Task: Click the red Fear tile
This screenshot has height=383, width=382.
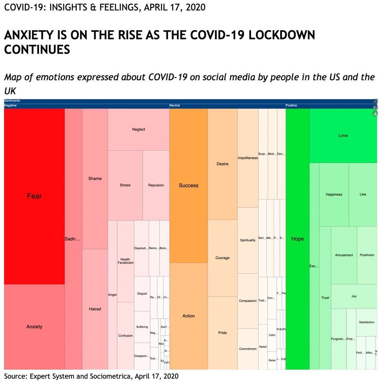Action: [34, 196]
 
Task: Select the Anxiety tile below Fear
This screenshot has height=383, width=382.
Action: [34, 327]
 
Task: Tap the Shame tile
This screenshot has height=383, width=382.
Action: [95, 179]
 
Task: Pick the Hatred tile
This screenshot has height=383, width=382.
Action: [95, 309]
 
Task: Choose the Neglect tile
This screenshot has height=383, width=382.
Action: [139, 130]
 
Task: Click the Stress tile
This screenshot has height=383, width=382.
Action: [125, 185]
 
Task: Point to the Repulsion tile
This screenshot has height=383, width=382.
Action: [156, 185]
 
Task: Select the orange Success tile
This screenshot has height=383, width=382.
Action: [188, 185]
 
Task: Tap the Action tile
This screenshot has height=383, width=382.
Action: [188, 316]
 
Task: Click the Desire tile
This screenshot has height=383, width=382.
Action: [222, 164]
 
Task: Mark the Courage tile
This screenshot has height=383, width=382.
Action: [222, 258]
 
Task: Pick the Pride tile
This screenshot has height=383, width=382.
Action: [222, 333]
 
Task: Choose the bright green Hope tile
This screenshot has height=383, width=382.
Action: [297, 239]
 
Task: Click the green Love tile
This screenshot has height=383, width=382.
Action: [343, 136]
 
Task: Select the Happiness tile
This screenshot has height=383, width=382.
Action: [334, 195]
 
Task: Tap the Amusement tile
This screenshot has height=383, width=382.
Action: [344, 255]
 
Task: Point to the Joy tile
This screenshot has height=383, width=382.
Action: [354, 296]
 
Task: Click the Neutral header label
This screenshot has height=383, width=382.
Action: [175, 105]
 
